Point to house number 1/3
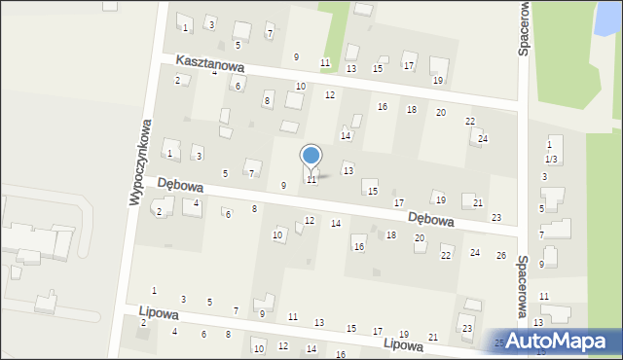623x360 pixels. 551,159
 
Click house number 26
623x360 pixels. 501,255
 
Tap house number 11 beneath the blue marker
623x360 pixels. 311,180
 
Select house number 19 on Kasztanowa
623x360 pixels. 438,80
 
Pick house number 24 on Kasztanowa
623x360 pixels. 482,138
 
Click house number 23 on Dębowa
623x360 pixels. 496,217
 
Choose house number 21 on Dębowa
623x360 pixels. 477,202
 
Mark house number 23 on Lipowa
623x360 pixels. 467,329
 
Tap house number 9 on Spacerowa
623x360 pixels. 542,264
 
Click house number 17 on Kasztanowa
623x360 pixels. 409,66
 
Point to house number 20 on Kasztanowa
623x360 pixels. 441,113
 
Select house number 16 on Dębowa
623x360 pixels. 358,248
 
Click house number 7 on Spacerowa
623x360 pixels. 541,234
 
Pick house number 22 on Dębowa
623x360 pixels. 446,255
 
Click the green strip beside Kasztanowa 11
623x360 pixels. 333,29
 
